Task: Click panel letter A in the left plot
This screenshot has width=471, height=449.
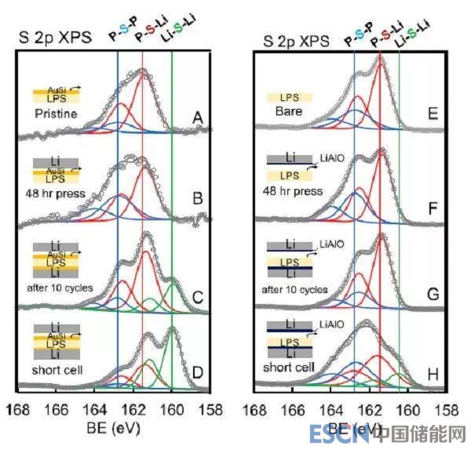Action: point(199,118)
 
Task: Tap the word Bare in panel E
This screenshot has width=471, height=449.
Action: point(290,112)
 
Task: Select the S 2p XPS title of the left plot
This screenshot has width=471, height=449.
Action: point(54,37)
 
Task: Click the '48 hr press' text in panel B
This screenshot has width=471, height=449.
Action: point(57,190)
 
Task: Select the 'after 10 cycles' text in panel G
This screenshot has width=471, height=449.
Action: point(297,289)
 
